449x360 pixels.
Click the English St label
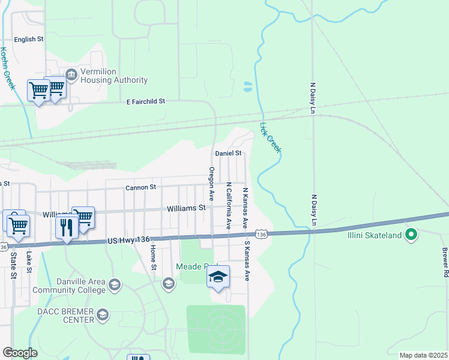tap(29, 40)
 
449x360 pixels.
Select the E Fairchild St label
tap(145, 102)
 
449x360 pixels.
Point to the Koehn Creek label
tap(7, 68)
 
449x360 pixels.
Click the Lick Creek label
tap(270, 137)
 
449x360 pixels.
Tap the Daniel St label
tap(228, 154)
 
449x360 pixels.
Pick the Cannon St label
tap(140, 188)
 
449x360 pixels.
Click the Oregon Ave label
tap(211, 184)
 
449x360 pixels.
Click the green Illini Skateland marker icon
tap(411, 235)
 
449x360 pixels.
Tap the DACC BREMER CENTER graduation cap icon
tap(103, 315)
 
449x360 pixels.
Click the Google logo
tap(20, 353)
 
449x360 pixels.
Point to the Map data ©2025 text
tap(423, 355)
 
